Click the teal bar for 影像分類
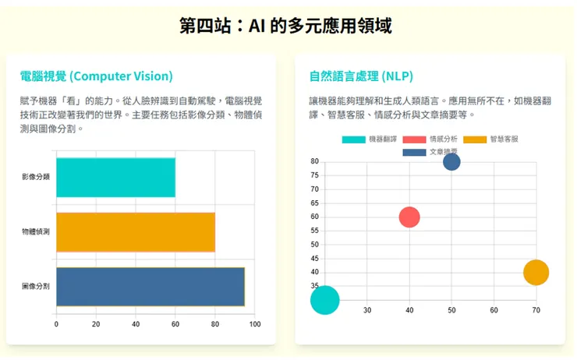(115, 177)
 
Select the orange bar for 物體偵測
(136, 231)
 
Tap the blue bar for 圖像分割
(150, 286)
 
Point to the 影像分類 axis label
(36, 177)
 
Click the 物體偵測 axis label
(36, 232)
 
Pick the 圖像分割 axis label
(36, 287)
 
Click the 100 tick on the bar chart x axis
(254, 323)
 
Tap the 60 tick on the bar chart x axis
(175, 323)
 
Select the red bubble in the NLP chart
(409, 217)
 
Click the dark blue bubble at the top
(451, 162)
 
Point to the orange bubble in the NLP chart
(536, 273)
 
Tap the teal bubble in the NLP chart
(325, 299)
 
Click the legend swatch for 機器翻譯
(353, 139)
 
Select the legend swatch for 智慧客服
(475, 139)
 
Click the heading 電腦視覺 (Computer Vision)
(97, 76)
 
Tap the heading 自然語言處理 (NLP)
(361, 76)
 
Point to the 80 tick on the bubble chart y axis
(314, 161)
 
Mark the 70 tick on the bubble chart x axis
(536, 310)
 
